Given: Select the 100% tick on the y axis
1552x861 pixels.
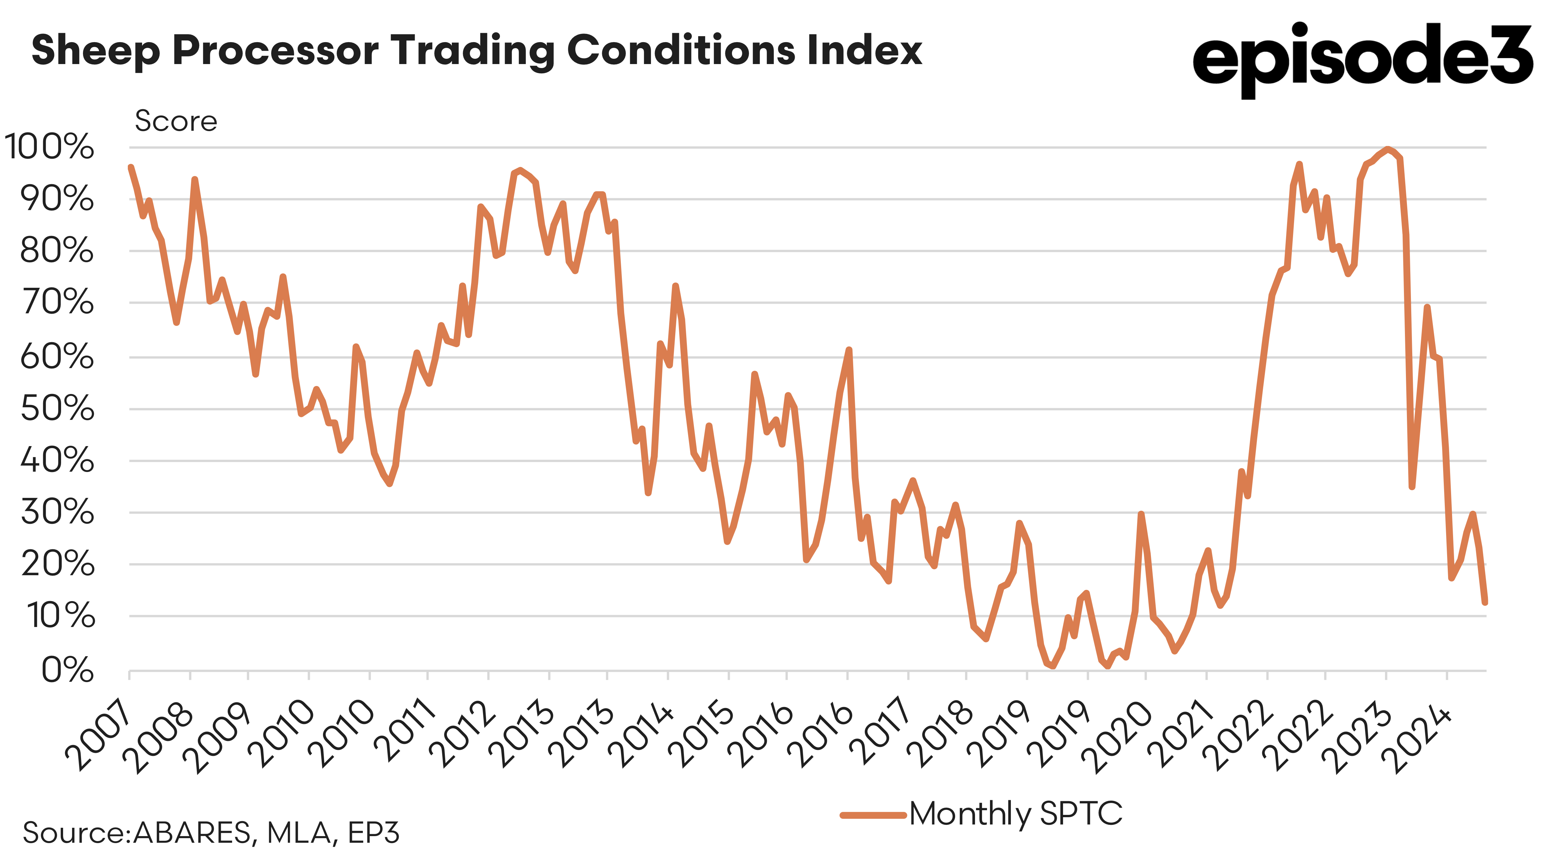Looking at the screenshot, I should point(49,147).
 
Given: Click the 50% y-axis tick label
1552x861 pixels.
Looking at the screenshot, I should point(57,409).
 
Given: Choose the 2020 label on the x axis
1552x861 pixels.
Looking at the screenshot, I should point(1118,738).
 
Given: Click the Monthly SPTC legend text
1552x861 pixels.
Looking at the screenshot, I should point(1016,814).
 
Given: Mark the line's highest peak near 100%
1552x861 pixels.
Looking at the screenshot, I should point(1388,149).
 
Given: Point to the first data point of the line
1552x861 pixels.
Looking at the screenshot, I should point(131,168).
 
